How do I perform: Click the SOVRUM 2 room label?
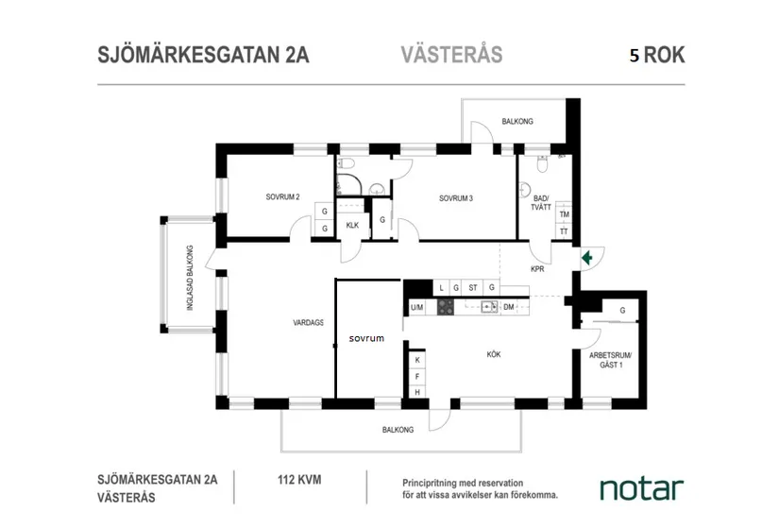pyautogui.click(x=282, y=197)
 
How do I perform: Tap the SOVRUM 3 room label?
pyautogui.click(x=455, y=198)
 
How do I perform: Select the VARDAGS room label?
pyautogui.click(x=308, y=322)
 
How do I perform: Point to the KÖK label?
pyautogui.click(x=493, y=354)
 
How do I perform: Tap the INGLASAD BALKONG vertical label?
pyautogui.click(x=190, y=280)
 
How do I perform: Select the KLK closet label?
pyautogui.click(x=352, y=225)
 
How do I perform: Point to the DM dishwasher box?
pyautogui.click(x=508, y=307)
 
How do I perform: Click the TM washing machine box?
pyautogui.click(x=564, y=214)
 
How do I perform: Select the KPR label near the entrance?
pyautogui.click(x=538, y=269)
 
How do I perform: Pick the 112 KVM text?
pyautogui.click(x=299, y=480)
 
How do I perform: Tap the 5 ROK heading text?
pyautogui.click(x=657, y=55)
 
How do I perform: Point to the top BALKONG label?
pyautogui.click(x=517, y=122)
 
